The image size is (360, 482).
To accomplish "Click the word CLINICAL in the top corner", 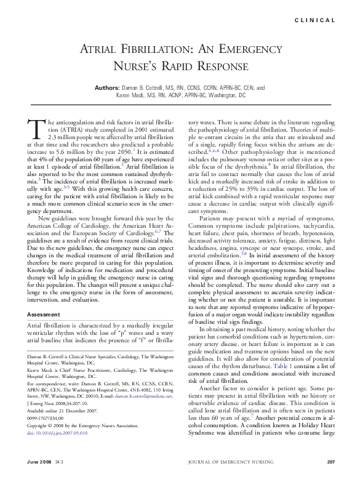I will coord(315,20).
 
